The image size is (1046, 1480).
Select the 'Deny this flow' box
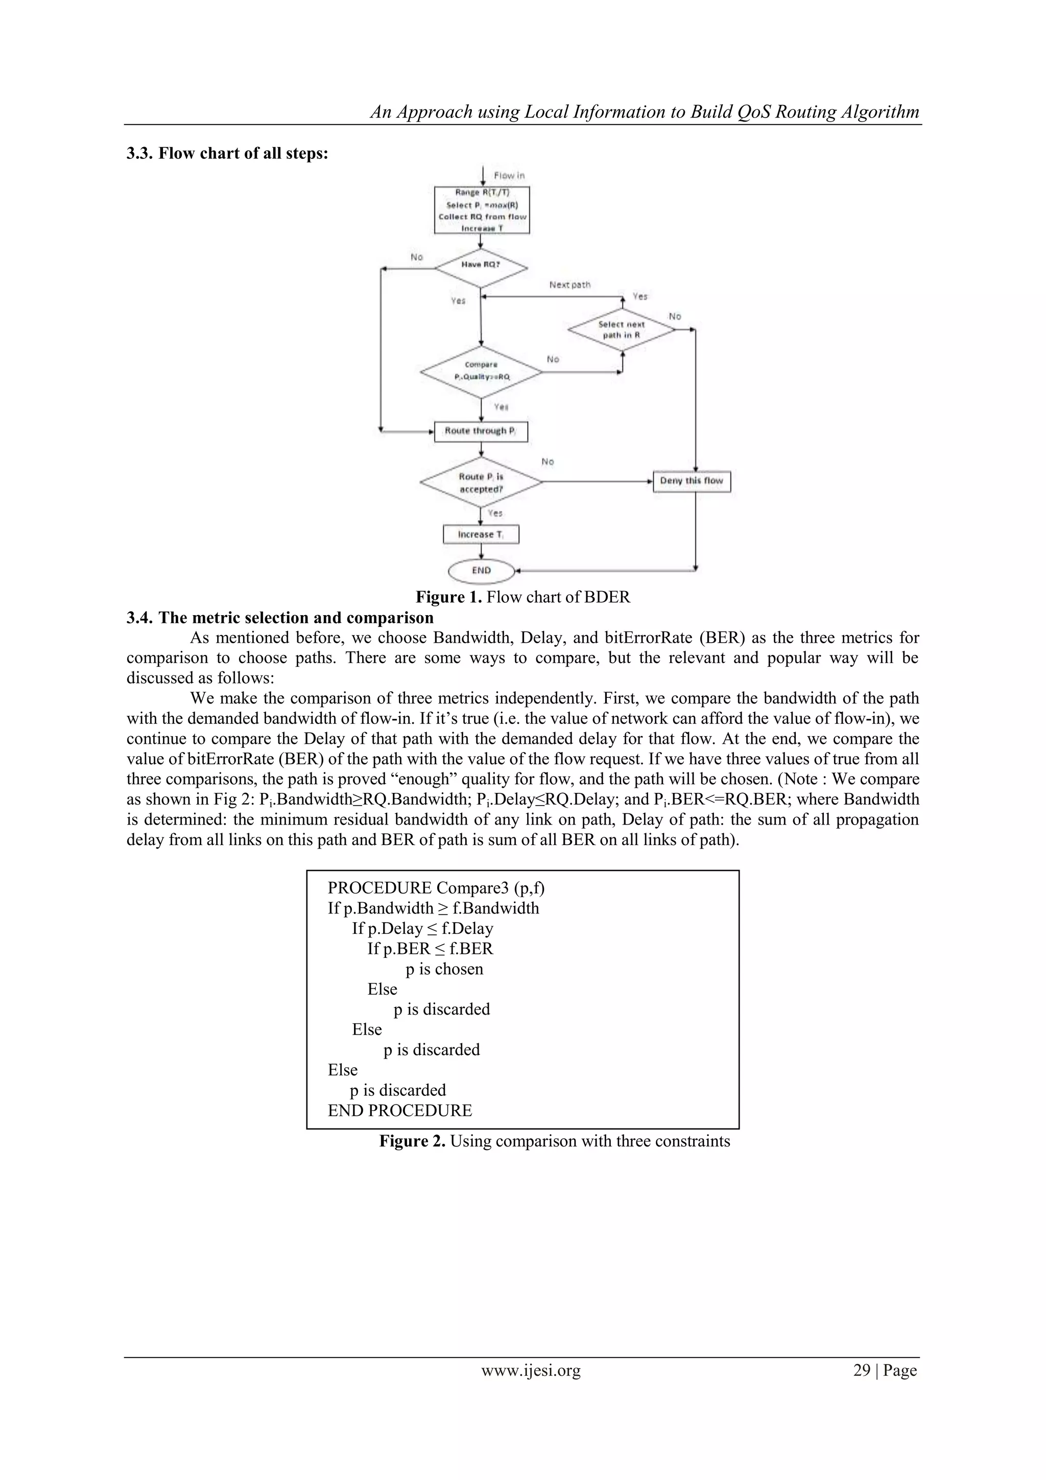tap(692, 481)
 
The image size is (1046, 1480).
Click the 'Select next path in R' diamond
tap(621, 330)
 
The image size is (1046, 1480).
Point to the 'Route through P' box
tap(481, 431)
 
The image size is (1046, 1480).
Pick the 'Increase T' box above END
tap(481, 534)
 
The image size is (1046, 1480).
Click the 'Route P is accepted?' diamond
tap(481, 482)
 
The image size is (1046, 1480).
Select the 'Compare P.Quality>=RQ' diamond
tap(481, 371)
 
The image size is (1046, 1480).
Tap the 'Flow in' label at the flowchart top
tap(509, 175)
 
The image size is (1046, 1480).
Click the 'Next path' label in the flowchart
tap(569, 284)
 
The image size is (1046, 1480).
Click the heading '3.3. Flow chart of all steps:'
tap(227, 153)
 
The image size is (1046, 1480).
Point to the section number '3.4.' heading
tap(140, 618)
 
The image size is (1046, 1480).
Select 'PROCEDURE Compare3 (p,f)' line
tap(436, 888)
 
